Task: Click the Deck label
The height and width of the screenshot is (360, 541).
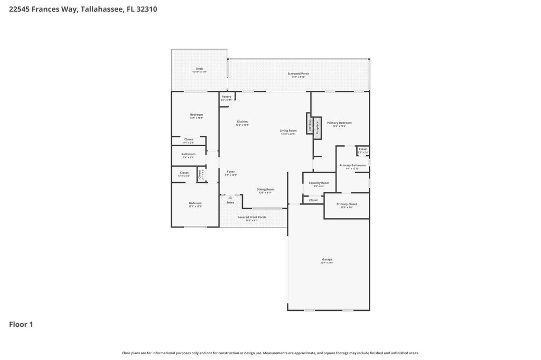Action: pos(199,69)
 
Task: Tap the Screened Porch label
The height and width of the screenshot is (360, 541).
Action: pos(299,74)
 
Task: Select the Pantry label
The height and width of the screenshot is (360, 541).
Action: pos(226,97)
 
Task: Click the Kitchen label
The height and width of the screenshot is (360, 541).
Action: pos(242,122)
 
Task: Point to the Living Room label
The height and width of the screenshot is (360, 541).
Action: pos(288,131)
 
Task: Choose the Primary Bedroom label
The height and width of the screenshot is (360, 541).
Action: pos(339,123)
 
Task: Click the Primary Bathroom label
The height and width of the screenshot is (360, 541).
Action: pos(352,165)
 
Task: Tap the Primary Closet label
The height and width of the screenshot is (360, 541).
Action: pos(347,204)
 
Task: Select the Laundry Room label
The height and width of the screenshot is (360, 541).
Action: pos(319,183)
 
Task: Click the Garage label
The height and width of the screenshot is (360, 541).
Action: pos(328,260)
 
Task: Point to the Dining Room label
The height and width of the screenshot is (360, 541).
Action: pos(265,190)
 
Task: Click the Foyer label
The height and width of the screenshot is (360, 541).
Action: pos(231,172)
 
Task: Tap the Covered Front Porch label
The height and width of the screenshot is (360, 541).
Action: pos(251,217)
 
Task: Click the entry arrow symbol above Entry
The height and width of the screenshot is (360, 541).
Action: pos(230,197)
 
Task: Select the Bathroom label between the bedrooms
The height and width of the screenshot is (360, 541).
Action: pos(189,154)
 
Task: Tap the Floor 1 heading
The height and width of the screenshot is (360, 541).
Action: pos(21,324)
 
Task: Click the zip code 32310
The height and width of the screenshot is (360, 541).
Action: pos(147,9)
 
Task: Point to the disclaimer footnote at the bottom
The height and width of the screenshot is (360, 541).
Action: pos(270,353)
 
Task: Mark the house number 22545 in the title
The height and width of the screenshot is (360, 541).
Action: pos(20,9)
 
